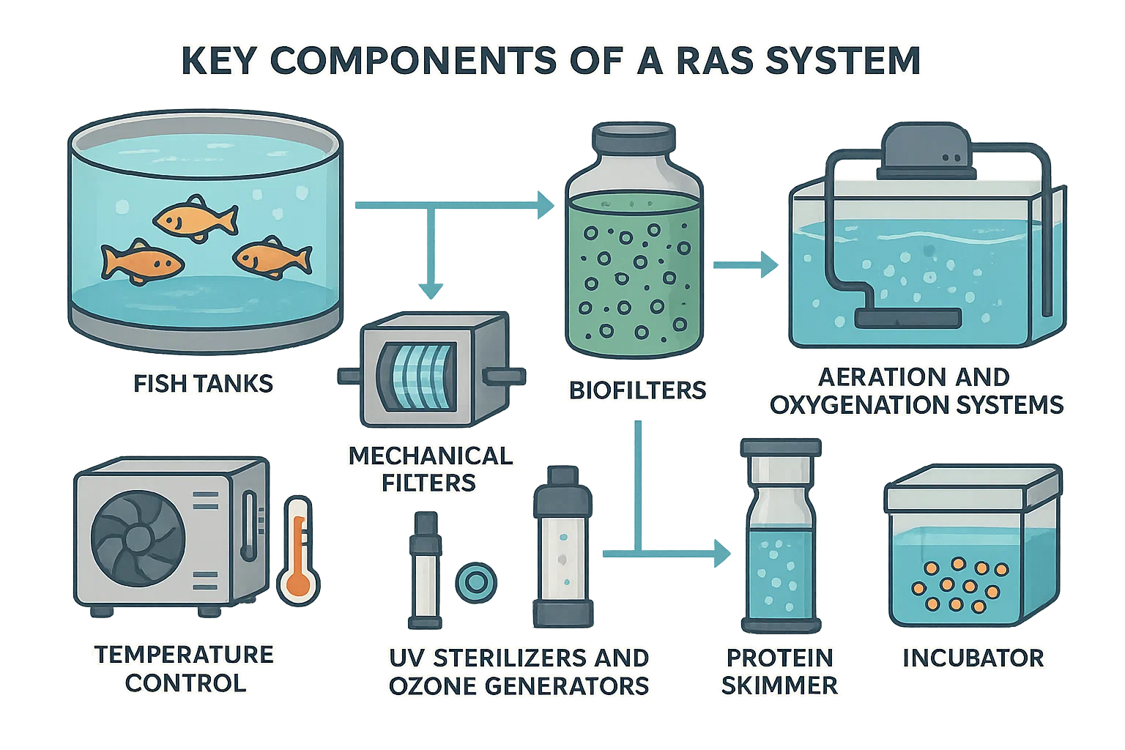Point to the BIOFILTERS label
[x=637, y=389]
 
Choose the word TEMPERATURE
[x=184, y=654]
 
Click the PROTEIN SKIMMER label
[x=779, y=671]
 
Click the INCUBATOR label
[x=973, y=657]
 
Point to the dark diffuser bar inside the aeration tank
[x=907, y=317]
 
